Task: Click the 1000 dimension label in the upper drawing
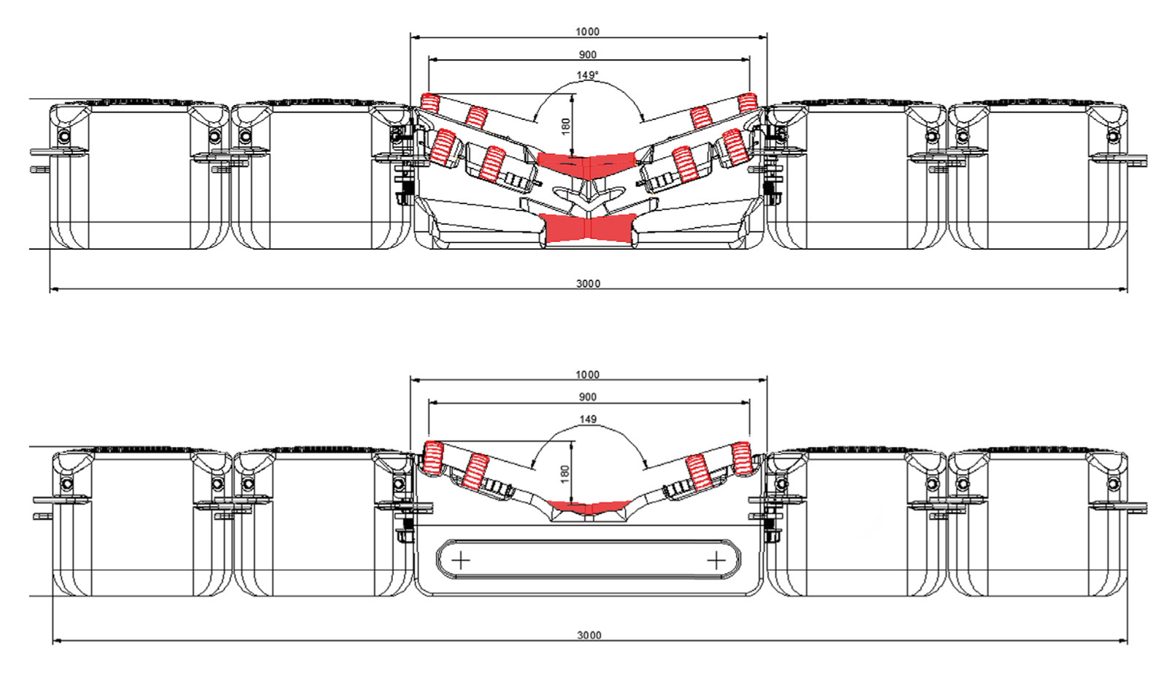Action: (x=587, y=31)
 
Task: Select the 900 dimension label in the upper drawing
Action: (x=587, y=55)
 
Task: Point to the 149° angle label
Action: (x=587, y=75)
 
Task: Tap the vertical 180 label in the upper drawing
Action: (x=565, y=126)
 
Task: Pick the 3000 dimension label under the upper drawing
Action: (x=588, y=283)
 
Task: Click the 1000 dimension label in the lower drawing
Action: (x=587, y=375)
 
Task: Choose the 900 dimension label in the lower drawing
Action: (x=587, y=397)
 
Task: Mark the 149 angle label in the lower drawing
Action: (x=587, y=419)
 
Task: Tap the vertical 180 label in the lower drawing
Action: (x=565, y=473)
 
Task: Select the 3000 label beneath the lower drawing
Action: (x=589, y=635)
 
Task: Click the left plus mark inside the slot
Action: (x=461, y=560)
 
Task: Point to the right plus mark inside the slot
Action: (x=716, y=560)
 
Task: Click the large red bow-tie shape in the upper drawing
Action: (x=587, y=228)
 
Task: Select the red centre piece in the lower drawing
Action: (x=588, y=506)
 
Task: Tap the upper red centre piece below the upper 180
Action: (x=586, y=161)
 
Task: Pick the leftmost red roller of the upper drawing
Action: (x=431, y=102)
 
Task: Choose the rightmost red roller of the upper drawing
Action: (x=746, y=102)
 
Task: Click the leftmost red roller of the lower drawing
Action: (x=434, y=457)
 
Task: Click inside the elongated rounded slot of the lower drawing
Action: (x=588, y=560)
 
